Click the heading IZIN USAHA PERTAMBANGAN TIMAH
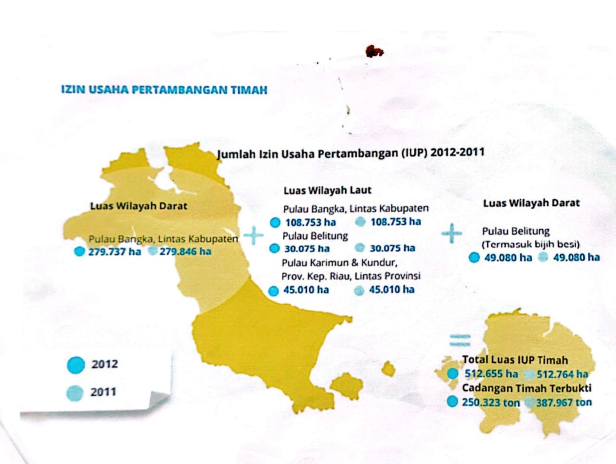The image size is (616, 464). (164, 90)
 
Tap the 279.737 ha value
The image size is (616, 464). (115, 252)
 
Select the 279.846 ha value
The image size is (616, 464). (185, 251)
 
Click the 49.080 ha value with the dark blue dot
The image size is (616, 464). (508, 258)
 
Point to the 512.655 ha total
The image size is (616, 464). (491, 374)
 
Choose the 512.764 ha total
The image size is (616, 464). (562, 374)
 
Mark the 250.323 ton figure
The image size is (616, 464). (491, 402)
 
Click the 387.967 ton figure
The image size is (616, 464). (564, 402)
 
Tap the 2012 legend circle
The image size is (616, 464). (76, 365)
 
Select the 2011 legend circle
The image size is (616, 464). (75, 393)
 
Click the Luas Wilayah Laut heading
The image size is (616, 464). (327, 191)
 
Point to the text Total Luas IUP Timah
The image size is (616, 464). (515, 360)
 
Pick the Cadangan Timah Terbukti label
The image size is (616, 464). (526, 388)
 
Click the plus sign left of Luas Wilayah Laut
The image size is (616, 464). (254, 235)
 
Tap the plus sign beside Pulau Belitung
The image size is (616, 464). (451, 233)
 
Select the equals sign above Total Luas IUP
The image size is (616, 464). (460, 340)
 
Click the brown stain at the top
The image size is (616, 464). (374, 51)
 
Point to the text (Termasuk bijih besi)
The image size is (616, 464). (531, 244)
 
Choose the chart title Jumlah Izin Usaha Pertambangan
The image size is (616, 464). (350, 154)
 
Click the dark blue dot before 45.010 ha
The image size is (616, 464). (273, 291)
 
